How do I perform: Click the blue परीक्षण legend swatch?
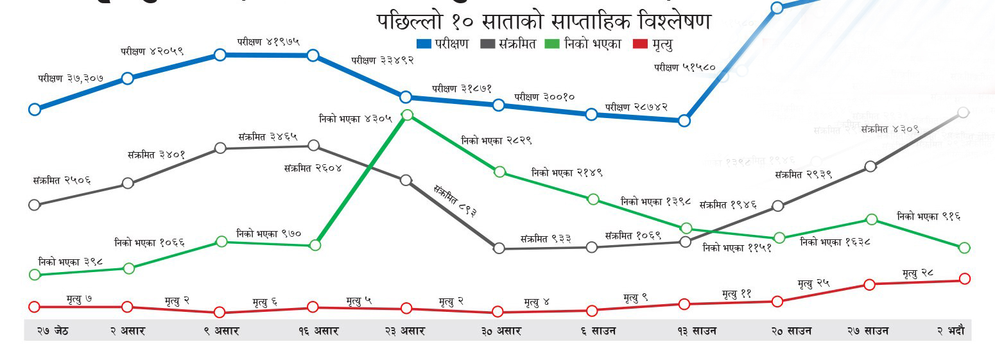[424, 44]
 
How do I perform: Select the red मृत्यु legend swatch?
[640, 44]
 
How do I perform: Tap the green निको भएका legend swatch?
[551, 44]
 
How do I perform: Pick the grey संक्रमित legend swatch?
[487, 44]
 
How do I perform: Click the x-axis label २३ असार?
[404, 331]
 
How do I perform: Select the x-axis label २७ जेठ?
[52, 331]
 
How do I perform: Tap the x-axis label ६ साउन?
[598, 331]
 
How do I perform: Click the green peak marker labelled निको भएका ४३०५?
[406, 115]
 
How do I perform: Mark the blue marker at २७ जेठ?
[35, 109]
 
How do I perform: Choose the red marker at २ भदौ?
[964, 279]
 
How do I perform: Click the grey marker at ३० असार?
[499, 248]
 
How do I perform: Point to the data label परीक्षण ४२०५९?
[152, 51]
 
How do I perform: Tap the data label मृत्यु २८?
[917, 273]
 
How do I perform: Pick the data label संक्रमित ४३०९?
[890, 129]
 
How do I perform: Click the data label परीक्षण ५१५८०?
[684, 67]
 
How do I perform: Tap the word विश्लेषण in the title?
[675, 21]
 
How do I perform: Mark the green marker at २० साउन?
[779, 238]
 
